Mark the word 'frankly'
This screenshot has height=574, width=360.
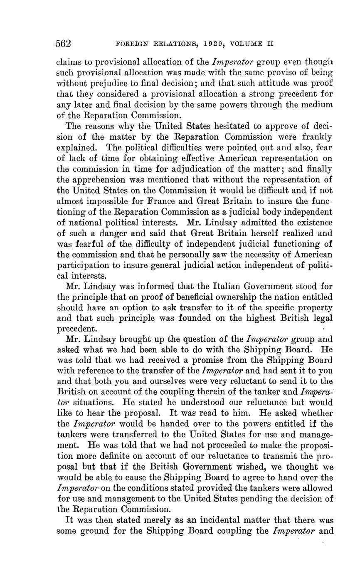click(316, 136)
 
